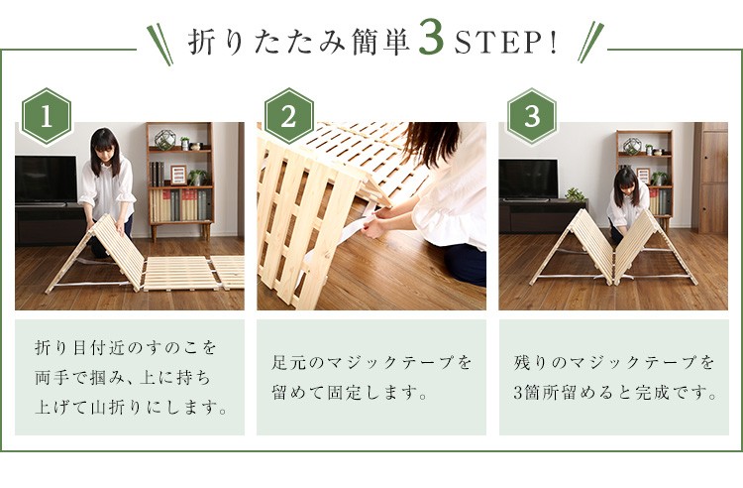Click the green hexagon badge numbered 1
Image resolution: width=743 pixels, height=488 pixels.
[x=47, y=116]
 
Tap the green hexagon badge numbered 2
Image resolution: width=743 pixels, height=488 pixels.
[x=288, y=116]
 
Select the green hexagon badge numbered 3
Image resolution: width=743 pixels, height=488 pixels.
[x=532, y=116]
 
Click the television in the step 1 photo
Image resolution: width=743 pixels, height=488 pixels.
[x=46, y=181]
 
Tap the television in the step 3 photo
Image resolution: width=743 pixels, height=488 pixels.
[x=528, y=180]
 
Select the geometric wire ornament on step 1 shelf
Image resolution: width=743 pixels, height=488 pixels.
[x=164, y=140]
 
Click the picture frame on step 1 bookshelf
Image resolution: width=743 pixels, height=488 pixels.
[x=178, y=174]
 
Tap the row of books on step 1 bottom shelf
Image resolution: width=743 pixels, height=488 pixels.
[x=180, y=205]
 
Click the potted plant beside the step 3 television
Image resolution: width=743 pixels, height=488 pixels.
[x=576, y=194]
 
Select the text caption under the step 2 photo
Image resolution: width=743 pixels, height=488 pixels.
[x=371, y=378]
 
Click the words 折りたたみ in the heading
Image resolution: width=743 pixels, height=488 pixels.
[x=267, y=43]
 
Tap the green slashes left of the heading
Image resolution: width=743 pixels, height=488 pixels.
[x=159, y=44]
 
